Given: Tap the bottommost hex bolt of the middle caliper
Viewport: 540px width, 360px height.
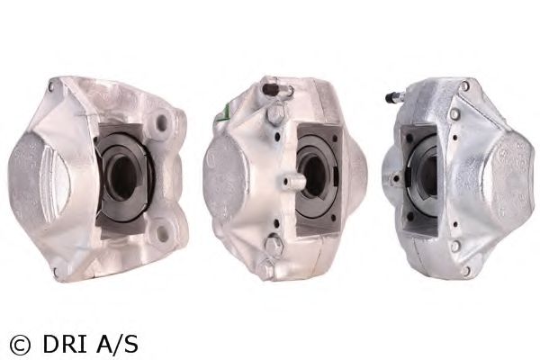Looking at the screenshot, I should (265, 269).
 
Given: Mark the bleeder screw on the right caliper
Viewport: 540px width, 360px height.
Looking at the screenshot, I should (393, 95).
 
